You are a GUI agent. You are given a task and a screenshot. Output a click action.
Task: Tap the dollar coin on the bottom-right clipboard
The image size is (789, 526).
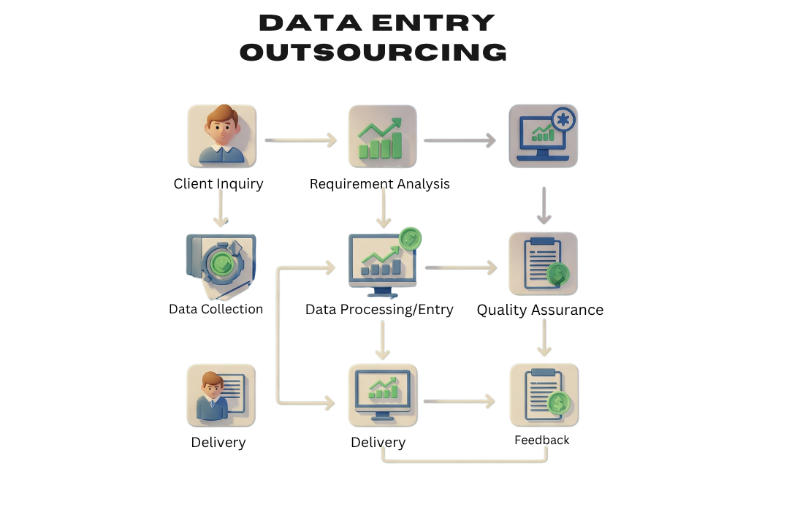[559, 402]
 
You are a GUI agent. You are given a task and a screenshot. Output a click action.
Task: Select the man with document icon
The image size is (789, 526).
[221, 395]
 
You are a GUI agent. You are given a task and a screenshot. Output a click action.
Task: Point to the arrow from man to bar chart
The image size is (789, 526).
[301, 140]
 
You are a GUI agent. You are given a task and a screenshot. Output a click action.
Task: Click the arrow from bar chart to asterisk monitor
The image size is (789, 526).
[460, 140]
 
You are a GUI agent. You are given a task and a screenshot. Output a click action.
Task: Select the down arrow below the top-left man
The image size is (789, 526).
[221, 208]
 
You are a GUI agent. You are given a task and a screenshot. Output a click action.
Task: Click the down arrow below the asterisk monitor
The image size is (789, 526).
[544, 206]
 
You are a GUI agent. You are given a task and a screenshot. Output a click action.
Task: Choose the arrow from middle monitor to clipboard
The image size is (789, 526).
[461, 268]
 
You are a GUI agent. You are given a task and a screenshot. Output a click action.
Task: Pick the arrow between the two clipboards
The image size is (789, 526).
[544, 338]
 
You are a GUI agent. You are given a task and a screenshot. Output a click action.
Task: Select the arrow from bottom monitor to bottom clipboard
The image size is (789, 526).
[459, 400]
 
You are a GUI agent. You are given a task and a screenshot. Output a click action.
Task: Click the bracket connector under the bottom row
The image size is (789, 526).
[465, 460]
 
